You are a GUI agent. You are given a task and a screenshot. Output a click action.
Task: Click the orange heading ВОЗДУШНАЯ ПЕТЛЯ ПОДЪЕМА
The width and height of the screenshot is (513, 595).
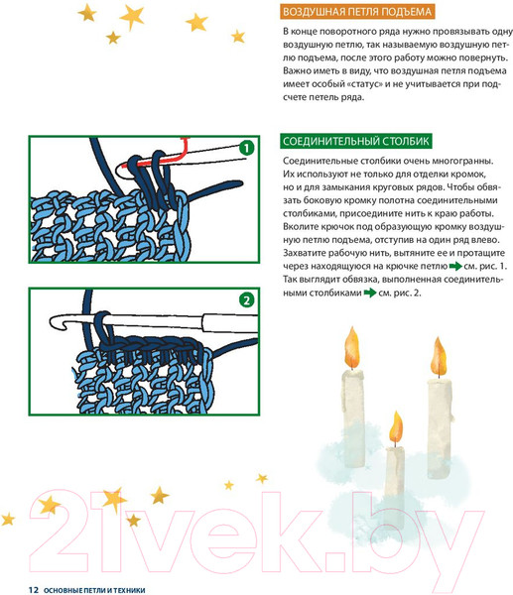point(357,12)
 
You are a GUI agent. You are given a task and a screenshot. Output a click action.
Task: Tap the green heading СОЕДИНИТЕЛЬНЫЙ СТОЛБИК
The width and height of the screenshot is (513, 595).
point(356,141)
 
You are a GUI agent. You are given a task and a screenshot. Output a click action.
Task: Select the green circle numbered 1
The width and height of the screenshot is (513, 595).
point(247,148)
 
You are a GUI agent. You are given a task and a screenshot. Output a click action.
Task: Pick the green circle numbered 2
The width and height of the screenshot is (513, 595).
point(247,300)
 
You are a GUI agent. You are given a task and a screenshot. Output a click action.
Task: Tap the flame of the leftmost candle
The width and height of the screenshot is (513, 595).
point(351,347)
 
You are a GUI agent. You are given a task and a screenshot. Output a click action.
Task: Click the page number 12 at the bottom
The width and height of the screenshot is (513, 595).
point(34,590)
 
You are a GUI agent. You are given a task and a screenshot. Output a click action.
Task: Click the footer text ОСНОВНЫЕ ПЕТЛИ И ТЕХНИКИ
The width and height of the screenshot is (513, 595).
point(94,590)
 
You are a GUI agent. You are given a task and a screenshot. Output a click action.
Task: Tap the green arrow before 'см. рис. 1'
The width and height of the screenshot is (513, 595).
point(455,267)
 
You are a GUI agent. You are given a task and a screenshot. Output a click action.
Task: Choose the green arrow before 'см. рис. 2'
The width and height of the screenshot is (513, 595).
point(370,293)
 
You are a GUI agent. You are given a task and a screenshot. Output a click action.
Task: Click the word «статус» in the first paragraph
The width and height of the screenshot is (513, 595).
point(364,84)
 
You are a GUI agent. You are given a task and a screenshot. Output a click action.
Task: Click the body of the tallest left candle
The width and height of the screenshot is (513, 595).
point(353,417)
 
